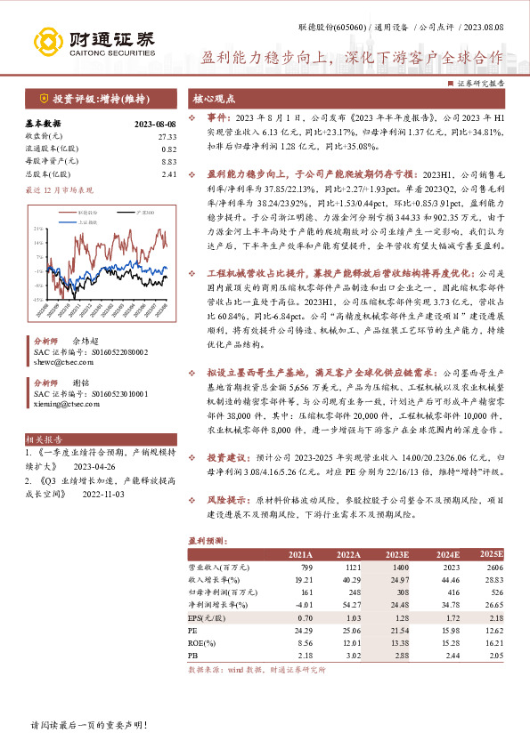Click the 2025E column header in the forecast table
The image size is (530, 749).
pos(491,554)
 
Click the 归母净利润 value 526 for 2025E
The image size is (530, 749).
pos(495,591)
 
